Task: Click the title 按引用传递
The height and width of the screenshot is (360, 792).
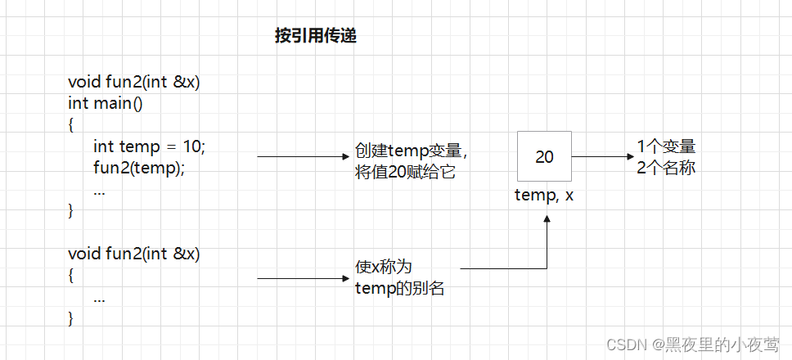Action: pyautogui.click(x=315, y=37)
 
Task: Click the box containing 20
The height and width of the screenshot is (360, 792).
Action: pyautogui.click(x=544, y=156)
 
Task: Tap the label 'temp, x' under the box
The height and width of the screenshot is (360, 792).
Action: pyautogui.click(x=544, y=196)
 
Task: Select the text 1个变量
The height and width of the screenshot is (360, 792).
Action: pyautogui.click(x=666, y=147)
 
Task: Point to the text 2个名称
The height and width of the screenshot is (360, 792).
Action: pyautogui.click(x=666, y=168)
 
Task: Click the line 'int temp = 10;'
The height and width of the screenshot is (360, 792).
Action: pyautogui.click(x=149, y=146)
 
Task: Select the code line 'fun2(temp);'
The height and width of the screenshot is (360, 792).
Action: pyautogui.click(x=139, y=168)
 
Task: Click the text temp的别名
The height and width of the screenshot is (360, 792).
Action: pyautogui.click(x=400, y=287)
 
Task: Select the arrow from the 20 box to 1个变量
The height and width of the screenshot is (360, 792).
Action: pyautogui.click(x=601, y=156)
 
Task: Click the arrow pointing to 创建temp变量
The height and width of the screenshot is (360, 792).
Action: pyautogui.click(x=303, y=156)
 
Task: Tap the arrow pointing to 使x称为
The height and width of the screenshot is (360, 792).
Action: pyautogui.click(x=303, y=279)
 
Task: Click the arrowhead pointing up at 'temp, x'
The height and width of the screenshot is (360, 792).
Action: pyautogui.click(x=546, y=219)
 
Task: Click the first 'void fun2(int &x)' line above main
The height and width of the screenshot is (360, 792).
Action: pyautogui.click(x=134, y=83)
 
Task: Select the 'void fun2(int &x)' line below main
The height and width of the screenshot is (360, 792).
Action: pyautogui.click(x=134, y=254)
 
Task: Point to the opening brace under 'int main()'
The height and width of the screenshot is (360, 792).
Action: pyautogui.click(x=71, y=125)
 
